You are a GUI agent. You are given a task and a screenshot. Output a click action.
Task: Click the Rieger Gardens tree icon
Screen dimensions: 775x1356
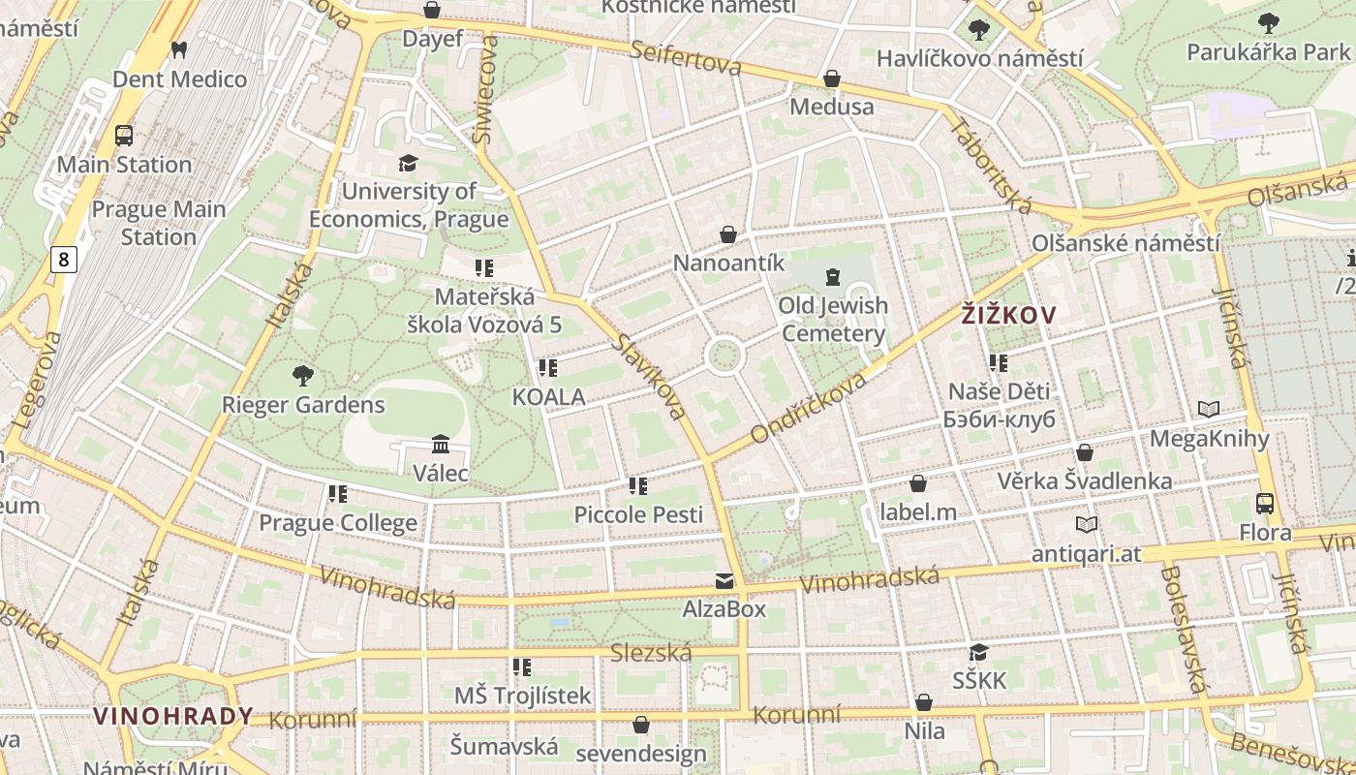tap(303, 375)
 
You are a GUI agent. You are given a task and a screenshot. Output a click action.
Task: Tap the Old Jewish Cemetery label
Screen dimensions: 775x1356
tap(833, 320)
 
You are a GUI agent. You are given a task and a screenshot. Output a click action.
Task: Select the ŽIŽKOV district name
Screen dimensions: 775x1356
tap(1008, 314)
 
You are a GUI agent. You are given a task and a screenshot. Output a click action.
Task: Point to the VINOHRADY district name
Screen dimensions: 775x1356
tap(173, 716)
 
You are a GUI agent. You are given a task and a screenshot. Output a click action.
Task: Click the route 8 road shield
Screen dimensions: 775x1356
tap(64, 259)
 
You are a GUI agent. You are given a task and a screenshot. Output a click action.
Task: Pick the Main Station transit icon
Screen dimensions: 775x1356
tap(124, 136)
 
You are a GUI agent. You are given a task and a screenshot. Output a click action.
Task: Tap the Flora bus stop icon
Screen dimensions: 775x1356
tap(1265, 503)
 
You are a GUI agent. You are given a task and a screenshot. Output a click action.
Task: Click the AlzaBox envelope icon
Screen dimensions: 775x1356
tap(724, 580)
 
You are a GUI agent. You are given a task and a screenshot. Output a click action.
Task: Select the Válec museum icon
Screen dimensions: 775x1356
tap(441, 444)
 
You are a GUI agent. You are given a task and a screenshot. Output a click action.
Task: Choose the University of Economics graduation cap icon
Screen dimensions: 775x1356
tap(408, 163)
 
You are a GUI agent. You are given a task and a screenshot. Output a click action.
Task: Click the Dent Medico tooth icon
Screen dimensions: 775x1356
tap(179, 49)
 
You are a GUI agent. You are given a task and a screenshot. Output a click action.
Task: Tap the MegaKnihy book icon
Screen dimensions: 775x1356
tap(1209, 409)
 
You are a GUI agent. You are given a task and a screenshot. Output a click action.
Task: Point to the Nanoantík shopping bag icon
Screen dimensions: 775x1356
tap(728, 234)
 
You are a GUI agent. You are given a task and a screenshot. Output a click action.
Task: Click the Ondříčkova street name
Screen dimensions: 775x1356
tap(809, 408)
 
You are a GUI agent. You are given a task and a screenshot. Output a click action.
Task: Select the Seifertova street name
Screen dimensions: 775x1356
tap(685, 57)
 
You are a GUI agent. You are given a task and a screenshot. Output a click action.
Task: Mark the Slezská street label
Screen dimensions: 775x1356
tap(651, 654)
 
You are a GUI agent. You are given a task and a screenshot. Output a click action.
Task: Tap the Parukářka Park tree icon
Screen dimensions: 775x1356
tap(1268, 22)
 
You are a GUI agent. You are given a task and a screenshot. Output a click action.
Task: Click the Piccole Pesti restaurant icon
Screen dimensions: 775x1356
tap(637, 485)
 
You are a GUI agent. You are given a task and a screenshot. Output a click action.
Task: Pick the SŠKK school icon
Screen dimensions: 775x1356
tap(979, 652)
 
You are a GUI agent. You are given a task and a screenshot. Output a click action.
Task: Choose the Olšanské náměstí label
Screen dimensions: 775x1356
tap(1125, 243)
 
